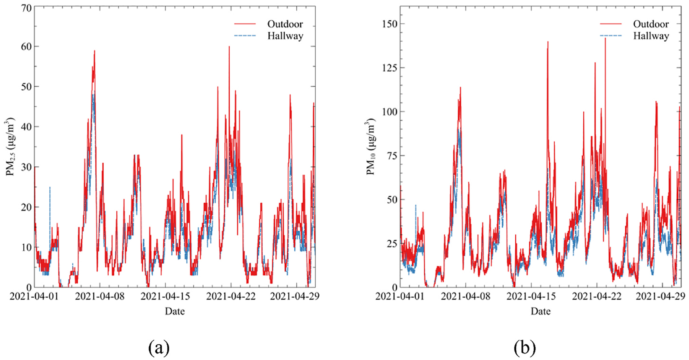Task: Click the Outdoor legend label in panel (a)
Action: [x=285, y=24]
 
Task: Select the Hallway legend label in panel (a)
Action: [x=285, y=36]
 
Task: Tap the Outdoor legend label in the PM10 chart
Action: [x=651, y=24]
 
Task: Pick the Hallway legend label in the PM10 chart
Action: [x=651, y=36]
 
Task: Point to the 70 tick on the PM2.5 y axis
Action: [x=26, y=8]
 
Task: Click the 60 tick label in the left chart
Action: [x=26, y=47]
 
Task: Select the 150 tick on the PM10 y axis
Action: [x=390, y=24]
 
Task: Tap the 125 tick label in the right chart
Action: [x=390, y=68]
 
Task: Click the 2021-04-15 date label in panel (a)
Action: [x=165, y=296]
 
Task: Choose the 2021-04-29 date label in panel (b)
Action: [x=660, y=296]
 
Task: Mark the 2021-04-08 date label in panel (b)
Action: [x=465, y=296]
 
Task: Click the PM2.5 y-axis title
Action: [x=10, y=147]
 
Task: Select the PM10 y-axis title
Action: [x=371, y=147]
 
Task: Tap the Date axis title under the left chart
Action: [x=175, y=311]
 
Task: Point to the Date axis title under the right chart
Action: [x=540, y=311]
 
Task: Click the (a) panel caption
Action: [x=158, y=348]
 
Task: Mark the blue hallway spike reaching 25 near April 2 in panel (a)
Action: [x=50, y=187]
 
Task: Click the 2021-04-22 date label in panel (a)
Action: [x=231, y=296]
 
